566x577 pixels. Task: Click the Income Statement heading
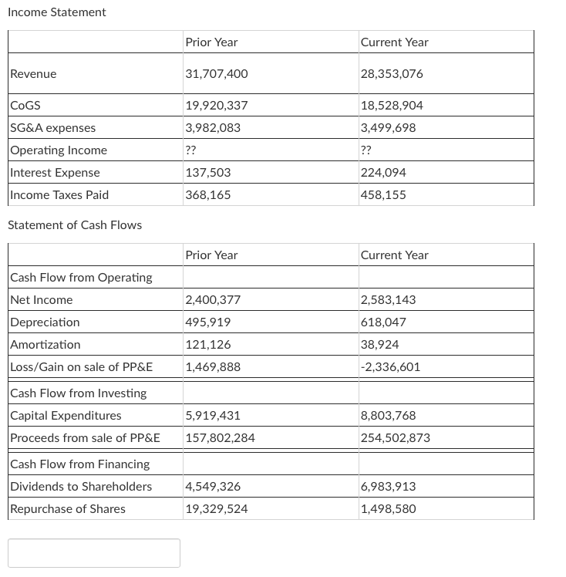pyautogui.click(x=57, y=12)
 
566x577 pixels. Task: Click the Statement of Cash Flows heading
pyautogui.click(x=75, y=225)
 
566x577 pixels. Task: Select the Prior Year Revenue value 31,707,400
pyautogui.click(x=217, y=74)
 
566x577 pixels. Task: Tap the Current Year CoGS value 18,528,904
pyautogui.click(x=392, y=106)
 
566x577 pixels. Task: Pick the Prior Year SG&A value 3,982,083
pyautogui.click(x=213, y=128)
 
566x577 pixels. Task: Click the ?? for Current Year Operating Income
pyautogui.click(x=366, y=150)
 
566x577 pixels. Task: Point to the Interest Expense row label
pyautogui.click(x=55, y=173)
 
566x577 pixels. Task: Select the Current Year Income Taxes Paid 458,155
pyautogui.click(x=383, y=195)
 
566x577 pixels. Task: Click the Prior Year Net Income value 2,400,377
pyautogui.click(x=213, y=300)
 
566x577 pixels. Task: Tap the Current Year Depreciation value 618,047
pyautogui.click(x=383, y=322)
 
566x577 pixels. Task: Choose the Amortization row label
pyautogui.click(x=45, y=345)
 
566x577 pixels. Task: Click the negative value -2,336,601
pyautogui.click(x=390, y=367)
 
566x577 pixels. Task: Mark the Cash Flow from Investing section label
pyautogui.click(x=78, y=393)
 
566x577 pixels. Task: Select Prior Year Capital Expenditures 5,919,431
pyautogui.click(x=213, y=416)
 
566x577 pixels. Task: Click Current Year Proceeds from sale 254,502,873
pyautogui.click(x=396, y=438)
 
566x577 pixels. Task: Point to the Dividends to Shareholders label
pyautogui.click(x=81, y=487)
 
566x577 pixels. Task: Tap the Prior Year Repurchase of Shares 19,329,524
pyautogui.click(x=217, y=509)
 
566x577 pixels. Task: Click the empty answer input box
pyautogui.click(x=94, y=553)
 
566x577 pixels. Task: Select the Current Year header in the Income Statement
pyautogui.click(x=394, y=42)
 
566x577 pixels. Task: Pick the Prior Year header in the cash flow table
pyautogui.click(x=211, y=255)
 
